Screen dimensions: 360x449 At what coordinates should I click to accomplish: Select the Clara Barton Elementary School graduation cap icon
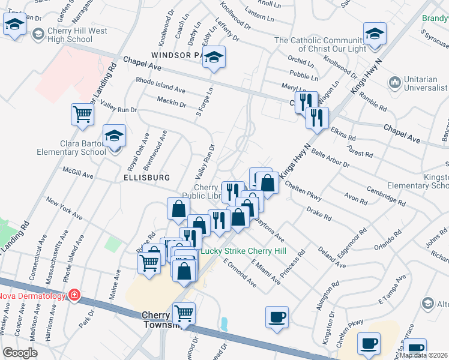tap(114, 136)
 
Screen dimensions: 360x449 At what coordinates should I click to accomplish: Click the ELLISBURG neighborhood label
tap(146, 178)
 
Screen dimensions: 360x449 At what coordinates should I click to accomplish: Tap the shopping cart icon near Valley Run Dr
tap(82, 114)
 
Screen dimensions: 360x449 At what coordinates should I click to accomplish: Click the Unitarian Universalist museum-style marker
tap(394, 82)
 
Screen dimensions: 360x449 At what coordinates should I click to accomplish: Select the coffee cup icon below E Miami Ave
tap(277, 317)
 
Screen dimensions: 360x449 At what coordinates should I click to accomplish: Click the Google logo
tap(20, 353)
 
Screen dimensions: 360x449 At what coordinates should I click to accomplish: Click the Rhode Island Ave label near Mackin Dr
tap(161, 85)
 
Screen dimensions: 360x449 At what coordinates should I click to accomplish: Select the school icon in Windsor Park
tap(213, 58)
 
